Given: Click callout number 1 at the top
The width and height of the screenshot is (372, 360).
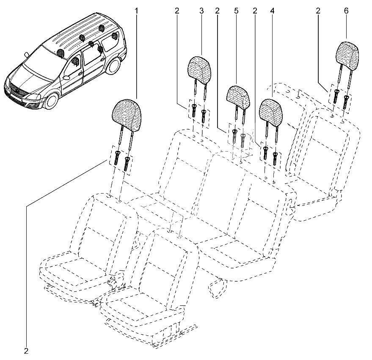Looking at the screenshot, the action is (x=136, y=11).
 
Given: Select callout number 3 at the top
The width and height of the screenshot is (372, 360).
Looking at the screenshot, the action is (x=201, y=11).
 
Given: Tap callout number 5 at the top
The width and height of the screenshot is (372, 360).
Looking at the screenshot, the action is (x=236, y=11).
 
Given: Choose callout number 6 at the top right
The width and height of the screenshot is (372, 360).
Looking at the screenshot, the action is (x=346, y=11).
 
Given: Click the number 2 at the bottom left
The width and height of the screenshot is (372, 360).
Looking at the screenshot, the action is (x=26, y=351).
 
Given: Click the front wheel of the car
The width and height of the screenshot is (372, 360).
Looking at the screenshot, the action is (x=52, y=101).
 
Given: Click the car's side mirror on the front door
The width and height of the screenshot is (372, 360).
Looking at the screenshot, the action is (x=66, y=77).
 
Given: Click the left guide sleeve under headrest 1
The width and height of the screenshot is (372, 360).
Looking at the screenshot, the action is (x=116, y=158).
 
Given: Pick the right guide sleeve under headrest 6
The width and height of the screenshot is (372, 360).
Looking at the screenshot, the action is (x=346, y=102).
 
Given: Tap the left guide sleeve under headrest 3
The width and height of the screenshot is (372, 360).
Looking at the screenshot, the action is (x=194, y=110).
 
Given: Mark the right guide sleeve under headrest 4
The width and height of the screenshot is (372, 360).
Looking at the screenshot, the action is (x=275, y=158).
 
